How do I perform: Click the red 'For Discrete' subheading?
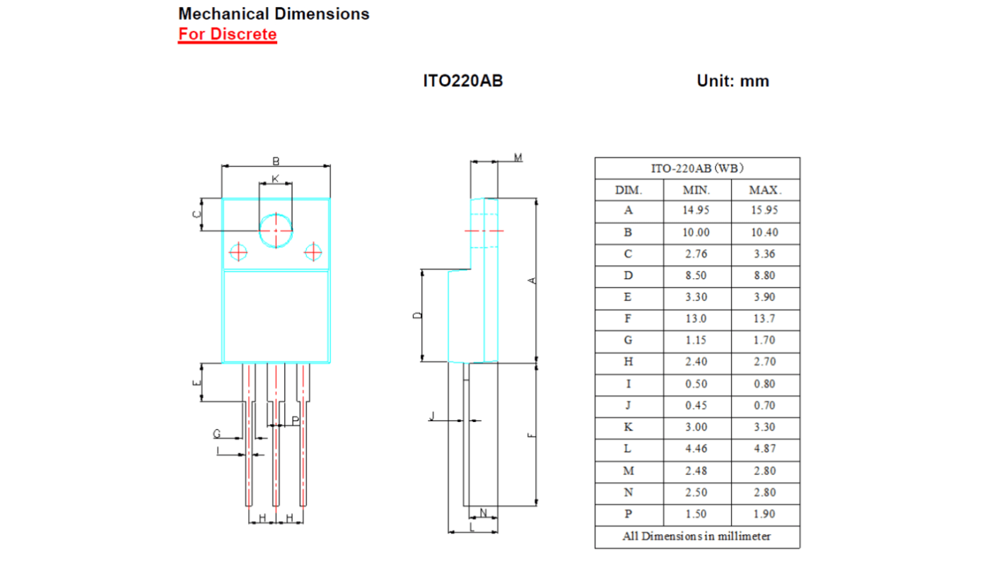[227, 34]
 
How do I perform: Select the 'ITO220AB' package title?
[462, 81]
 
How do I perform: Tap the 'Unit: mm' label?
[732, 81]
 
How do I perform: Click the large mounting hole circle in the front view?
[276, 230]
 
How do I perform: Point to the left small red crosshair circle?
[238, 252]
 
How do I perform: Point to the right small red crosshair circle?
[313, 252]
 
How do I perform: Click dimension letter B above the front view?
[276, 161]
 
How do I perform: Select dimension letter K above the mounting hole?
[275, 179]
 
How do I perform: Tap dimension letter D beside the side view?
[417, 315]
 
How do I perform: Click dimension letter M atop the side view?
[518, 157]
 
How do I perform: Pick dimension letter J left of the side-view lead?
[432, 416]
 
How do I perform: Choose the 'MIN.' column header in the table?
[696, 190]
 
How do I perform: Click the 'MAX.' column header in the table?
[765, 190]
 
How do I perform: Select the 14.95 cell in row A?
[696, 211]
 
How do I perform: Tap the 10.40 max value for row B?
[765, 233]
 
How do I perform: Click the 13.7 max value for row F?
[765, 319]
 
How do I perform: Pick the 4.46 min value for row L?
[696, 449]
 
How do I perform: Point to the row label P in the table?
[629, 514]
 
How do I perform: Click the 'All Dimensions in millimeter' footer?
[696, 536]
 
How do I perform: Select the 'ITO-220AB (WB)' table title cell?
[696, 168]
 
